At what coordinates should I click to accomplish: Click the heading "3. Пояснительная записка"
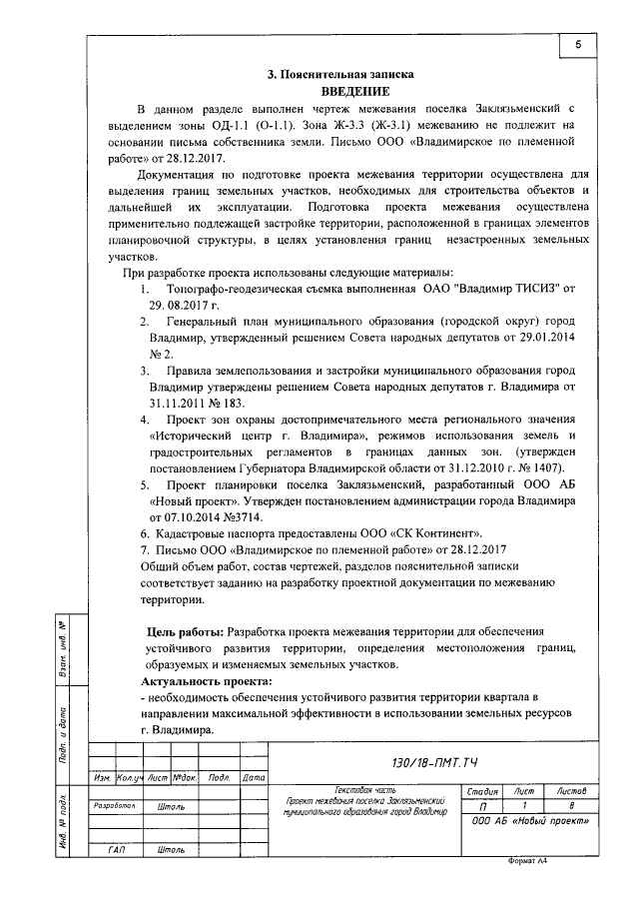(339, 74)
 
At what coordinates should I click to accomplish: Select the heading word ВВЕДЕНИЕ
(339, 90)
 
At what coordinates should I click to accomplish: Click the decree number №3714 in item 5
(235, 518)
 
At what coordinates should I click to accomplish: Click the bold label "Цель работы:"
(185, 631)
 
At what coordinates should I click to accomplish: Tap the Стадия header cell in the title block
(483, 790)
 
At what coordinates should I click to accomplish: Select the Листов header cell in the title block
(579, 790)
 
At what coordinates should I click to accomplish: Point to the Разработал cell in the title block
(114, 804)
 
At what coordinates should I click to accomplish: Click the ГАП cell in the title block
(115, 849)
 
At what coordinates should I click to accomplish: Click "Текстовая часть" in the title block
(369, 789)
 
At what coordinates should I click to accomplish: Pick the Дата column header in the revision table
(253, 776)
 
